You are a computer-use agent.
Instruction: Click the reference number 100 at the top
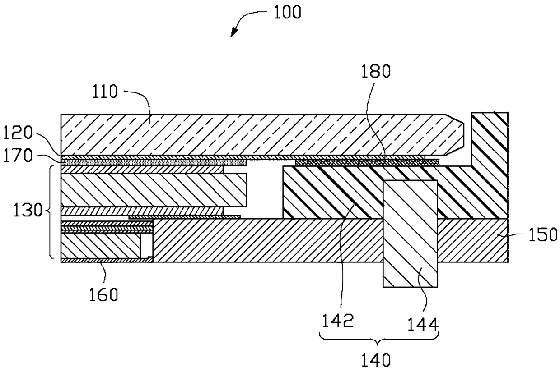pyautogui.click(x=287, y=12)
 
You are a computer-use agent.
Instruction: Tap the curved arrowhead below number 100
pyautogui.click(x=234, y=33)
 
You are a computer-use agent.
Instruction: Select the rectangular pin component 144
pyautogui.click(x=410, y=234)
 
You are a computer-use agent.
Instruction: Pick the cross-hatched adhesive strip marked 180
pyautogui.click(x=366, y=162)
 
